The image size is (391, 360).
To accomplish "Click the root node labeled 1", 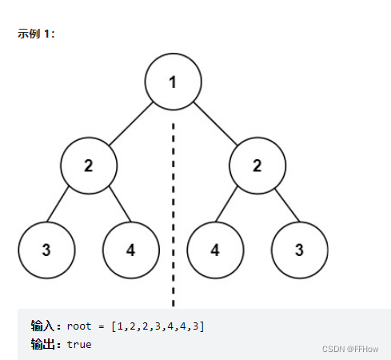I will point(174,82).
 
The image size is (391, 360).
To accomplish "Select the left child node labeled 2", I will point(89,166).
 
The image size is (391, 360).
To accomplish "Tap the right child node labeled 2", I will point(257,166).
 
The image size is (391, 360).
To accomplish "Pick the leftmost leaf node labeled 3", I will point(46,249).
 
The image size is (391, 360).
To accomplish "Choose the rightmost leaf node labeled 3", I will point(299,249).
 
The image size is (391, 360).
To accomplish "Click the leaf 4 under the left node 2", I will point(131,249).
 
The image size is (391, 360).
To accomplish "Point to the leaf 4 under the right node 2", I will point(215,249).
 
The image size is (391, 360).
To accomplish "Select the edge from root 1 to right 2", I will point(216,123).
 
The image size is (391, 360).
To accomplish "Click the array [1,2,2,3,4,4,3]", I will point(158,326).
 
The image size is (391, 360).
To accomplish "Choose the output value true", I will point(79,344).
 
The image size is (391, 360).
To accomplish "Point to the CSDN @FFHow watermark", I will point(349,349).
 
